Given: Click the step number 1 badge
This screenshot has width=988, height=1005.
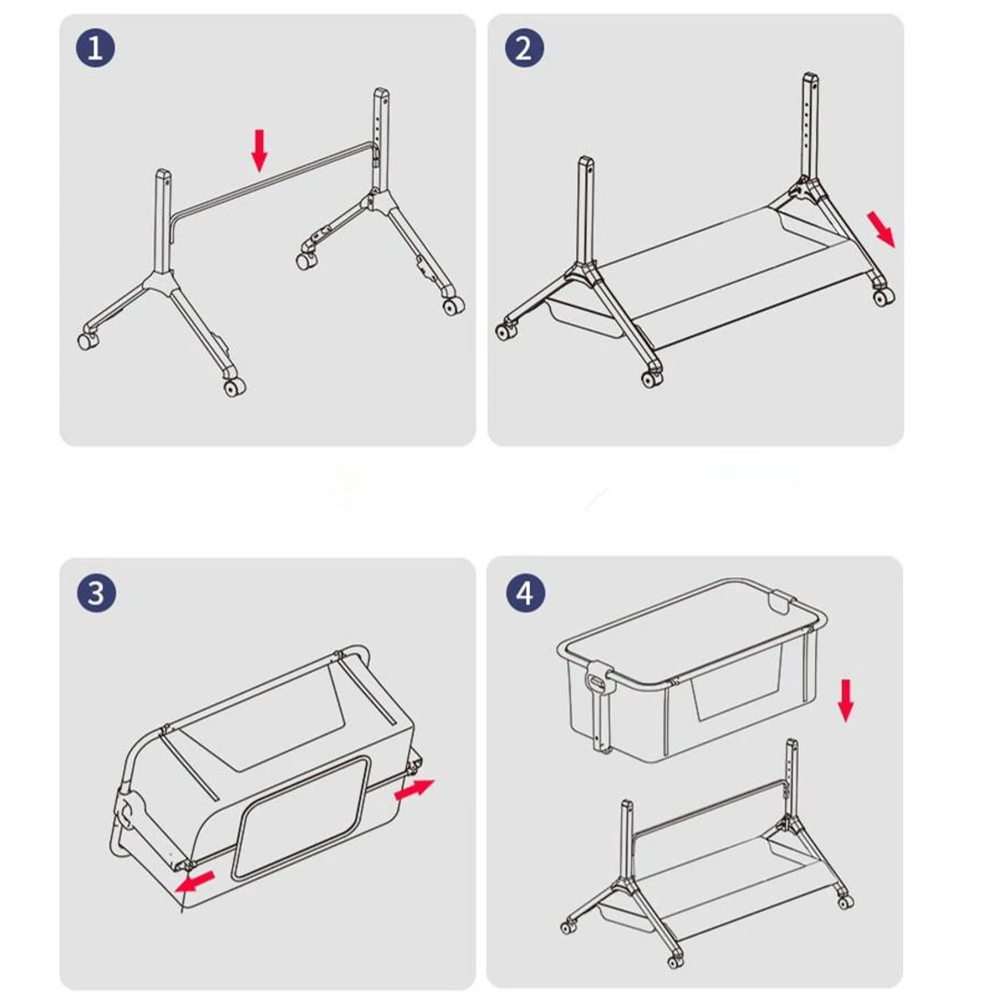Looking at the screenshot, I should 95,48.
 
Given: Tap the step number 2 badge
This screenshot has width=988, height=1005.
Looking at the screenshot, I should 523,48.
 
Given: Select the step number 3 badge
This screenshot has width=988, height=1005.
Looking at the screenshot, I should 96,593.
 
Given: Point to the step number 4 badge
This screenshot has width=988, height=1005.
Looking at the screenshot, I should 524,593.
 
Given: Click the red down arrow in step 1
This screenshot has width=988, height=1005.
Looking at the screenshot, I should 260,149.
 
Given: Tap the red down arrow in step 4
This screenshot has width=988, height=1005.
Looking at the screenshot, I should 846,700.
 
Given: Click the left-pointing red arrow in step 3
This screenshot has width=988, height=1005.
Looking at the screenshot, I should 194,883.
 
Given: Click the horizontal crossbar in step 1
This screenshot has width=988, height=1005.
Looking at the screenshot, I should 274,178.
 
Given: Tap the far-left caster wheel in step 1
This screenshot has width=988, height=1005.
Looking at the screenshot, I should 87,341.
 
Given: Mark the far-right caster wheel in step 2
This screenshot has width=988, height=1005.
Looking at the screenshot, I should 883,297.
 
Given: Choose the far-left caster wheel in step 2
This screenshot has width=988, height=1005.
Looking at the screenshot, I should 506,332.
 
